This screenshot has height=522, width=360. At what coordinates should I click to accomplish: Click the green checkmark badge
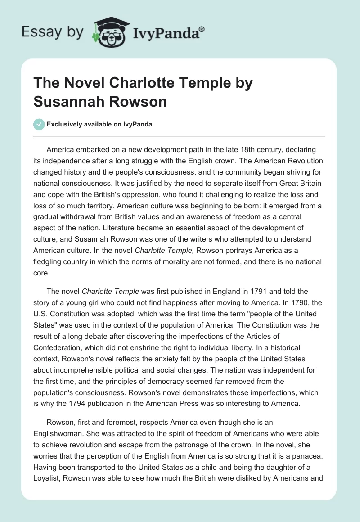[39, 124]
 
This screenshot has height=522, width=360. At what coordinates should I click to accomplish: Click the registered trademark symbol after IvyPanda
[202, 29]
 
